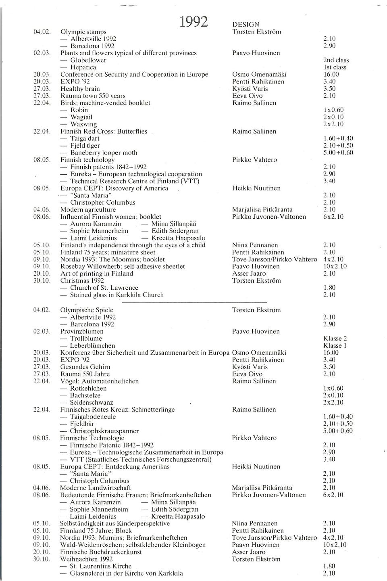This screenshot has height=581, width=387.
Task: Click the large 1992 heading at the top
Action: click(193, 21)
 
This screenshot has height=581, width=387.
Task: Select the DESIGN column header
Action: click(246, 25)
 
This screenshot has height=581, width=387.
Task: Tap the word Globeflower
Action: click(88, 60)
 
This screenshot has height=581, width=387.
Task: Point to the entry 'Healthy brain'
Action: click(80, 89)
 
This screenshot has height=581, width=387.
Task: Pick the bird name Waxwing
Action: click(83, 124)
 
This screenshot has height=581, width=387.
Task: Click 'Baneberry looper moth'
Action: click(104, 153)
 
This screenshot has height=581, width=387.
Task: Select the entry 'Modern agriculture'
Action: click(88, 209)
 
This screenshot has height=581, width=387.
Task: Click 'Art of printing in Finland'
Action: click(96, 274)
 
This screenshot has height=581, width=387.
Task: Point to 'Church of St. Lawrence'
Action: click(104, 288)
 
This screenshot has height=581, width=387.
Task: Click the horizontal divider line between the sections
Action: click(194, 302)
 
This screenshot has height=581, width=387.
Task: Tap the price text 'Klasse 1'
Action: click(335, 345)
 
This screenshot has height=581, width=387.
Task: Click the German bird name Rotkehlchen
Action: click(88, 389)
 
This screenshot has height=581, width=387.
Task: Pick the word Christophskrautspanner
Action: click(104, 431)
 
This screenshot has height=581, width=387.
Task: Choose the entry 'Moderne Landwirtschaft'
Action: click(94, 488)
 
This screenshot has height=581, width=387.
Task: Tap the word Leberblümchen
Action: click(92, 346)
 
